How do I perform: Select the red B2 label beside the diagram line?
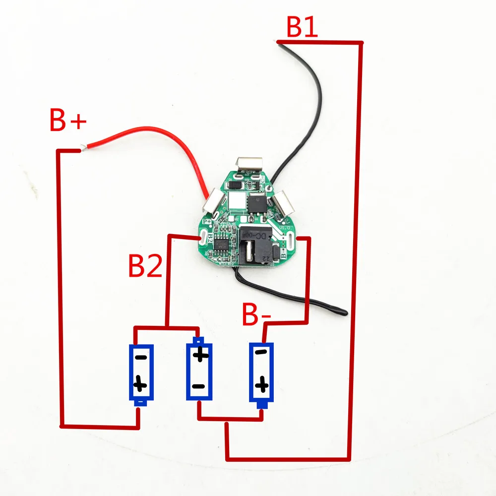pos(145,266)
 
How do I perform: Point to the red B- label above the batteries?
pos(256,314)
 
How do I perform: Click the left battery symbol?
pos(141,373)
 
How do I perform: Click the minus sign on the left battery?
pos(141,357)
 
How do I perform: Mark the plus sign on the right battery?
pos(262,384)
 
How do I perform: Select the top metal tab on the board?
pos(250,165)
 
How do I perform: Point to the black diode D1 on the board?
pos(237,185)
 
